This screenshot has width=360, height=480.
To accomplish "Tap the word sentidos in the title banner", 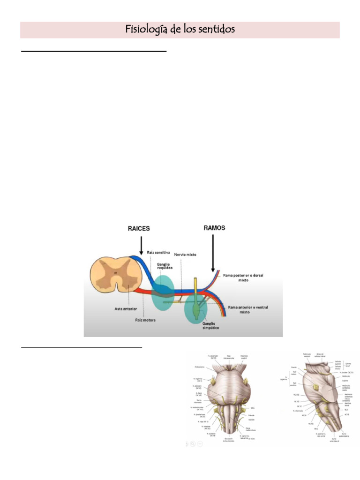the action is (215, 30).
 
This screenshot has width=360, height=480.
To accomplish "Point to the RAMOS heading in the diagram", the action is (215, 228).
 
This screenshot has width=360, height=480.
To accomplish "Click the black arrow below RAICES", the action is (141, 244).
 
